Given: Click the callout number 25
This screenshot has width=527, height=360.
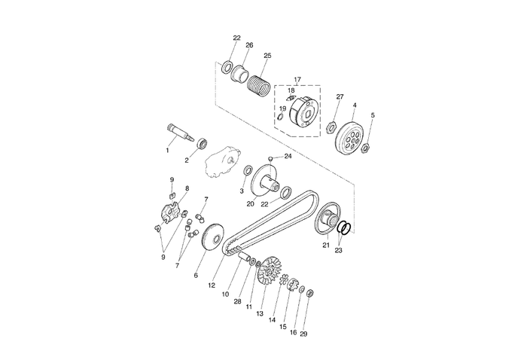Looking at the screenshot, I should tap(267, 56).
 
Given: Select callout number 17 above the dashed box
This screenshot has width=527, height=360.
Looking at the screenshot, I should tap(297, 79).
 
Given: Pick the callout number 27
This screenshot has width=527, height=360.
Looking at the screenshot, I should tap(340, 97).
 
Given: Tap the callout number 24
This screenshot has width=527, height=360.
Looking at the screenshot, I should tap(288, 156).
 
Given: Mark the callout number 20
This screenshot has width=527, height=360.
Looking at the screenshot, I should tap(251, 203).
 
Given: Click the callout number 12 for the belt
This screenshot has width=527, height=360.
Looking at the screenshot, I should tap(212, 286).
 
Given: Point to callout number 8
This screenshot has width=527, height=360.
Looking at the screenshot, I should tap(187, 188).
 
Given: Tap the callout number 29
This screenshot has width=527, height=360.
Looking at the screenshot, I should tap(303, 334).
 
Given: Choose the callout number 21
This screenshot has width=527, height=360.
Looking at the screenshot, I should tap(326, 245).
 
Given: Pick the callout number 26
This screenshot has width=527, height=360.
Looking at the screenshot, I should tap(249, 45).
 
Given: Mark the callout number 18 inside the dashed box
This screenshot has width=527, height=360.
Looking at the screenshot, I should tap(291, 90).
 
